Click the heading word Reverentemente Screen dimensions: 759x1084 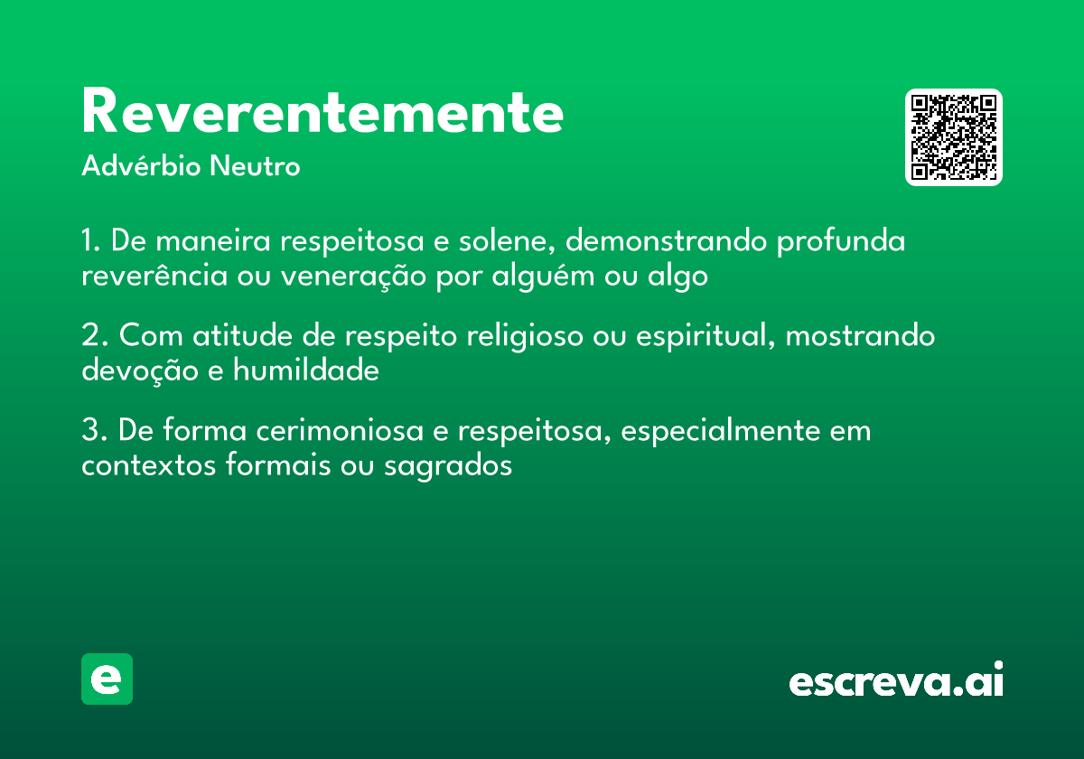coord(322,112)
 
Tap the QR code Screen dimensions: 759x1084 coord(954,137)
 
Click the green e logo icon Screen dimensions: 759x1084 coord(107,679)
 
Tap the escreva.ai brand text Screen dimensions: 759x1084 coord(896,681)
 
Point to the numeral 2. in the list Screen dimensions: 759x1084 coord(95,336)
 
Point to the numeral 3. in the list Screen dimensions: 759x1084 coord(95,430)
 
